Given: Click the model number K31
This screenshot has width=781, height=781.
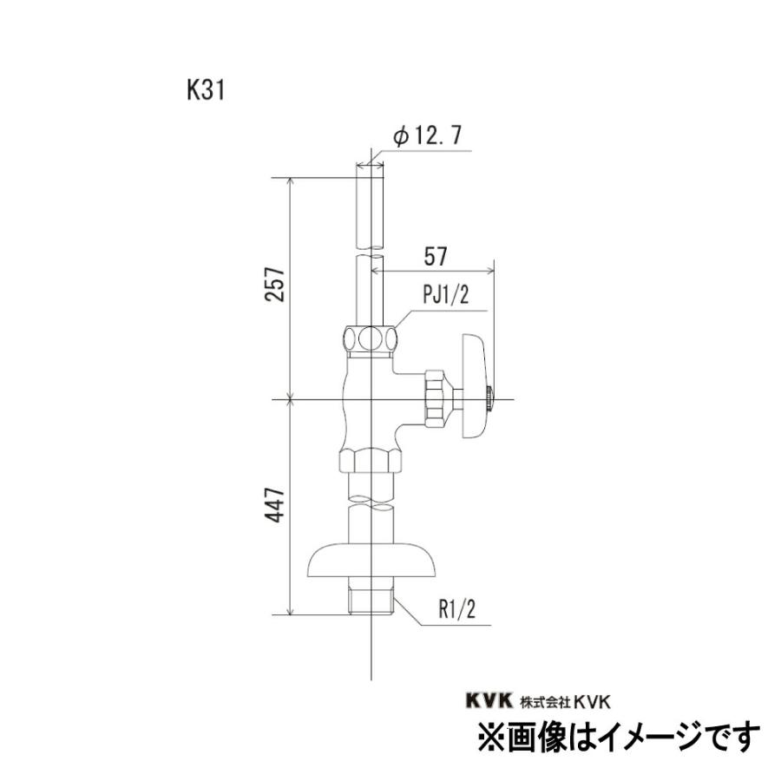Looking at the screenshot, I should click(x=205, y=91).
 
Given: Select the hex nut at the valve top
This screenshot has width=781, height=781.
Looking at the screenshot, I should click(x=371, y=337).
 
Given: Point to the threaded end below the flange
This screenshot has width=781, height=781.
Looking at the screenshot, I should click(x=371, y=599).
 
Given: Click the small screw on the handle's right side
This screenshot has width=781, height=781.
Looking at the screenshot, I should click(x=492, y=398).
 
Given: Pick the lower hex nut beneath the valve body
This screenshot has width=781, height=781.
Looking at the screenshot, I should click(x=371, y=460).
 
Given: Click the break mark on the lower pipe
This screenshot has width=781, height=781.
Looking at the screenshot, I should click(x=371, y=501).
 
